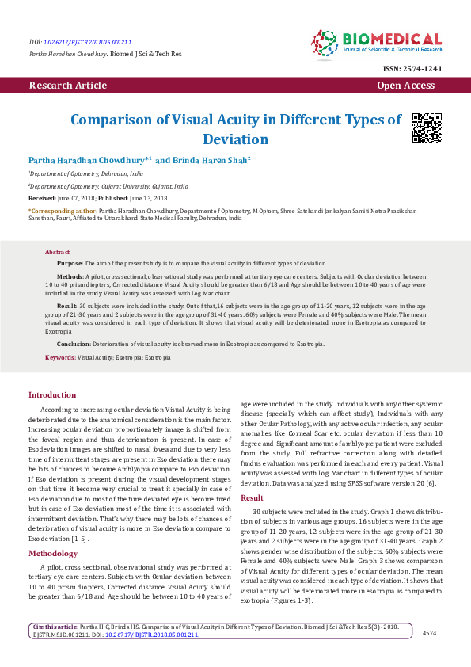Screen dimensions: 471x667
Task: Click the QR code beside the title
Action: tap(427, 128)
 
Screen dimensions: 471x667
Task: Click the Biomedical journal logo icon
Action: tap(325, 44)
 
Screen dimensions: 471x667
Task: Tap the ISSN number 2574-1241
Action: tap(423, 69)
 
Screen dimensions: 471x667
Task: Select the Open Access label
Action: tap(406, 85)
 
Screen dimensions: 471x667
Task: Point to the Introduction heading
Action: tap(52, 394)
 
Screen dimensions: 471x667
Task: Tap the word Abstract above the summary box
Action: tap(57, 250)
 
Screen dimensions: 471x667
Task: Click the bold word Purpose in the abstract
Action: tap(70, 262)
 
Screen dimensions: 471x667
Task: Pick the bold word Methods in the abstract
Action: tap(70, 276)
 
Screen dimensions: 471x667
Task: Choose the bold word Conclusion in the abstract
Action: tap(74, 345)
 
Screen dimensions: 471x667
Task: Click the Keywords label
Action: tap(60, 358)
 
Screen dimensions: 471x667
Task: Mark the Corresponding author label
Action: tap(63, 212)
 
